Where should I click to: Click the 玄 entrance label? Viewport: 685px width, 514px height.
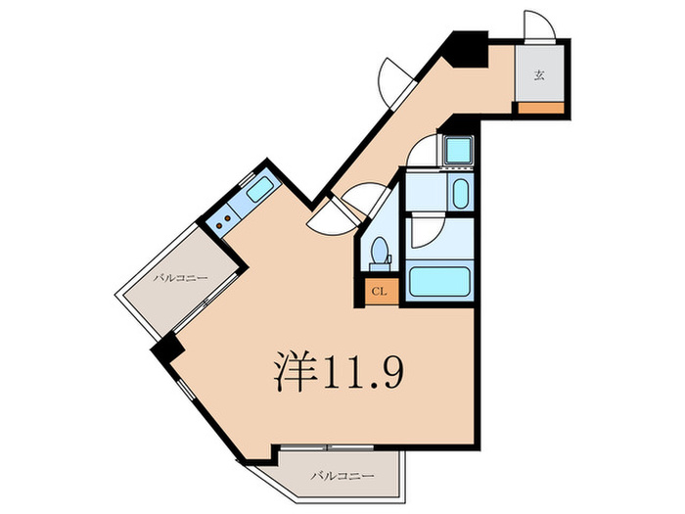(x=540, y=75)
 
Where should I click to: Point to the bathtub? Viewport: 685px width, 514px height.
(x=440, y=283)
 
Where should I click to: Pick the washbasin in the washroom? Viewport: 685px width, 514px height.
(x=461, y=193)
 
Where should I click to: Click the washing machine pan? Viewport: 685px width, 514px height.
(x=457, y=151)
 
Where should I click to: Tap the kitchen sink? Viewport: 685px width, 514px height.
(x=259, y=189)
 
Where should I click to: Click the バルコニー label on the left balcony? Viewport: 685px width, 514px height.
(x=180, y=279)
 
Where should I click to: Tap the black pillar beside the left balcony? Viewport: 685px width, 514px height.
(x=168, y=347)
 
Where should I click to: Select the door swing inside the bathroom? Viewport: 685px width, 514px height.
(x=427, y=231)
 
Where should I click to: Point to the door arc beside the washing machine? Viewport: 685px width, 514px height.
(x=424, y=154)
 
